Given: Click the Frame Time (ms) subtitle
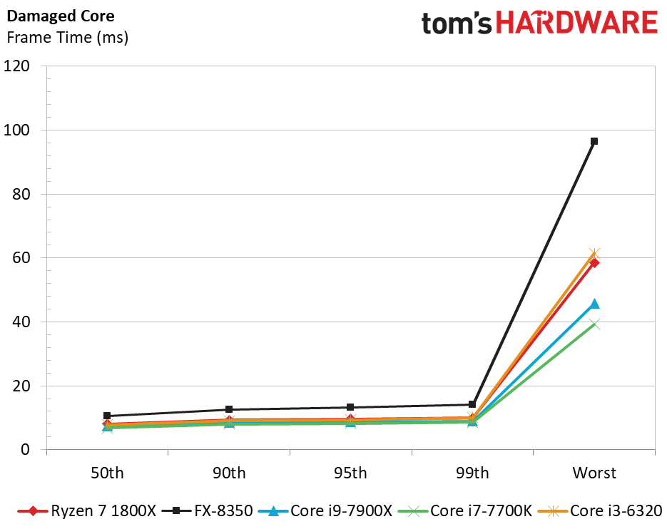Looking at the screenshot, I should [67, 38].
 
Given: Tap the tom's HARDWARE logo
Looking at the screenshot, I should [539, 23].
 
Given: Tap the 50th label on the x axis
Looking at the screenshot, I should [107, 473].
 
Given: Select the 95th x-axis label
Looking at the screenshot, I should [350, 473].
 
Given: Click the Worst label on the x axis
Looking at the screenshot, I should [594, 473].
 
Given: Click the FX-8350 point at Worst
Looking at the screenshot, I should [594, 141].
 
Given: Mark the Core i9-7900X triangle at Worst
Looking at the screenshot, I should [594, 304].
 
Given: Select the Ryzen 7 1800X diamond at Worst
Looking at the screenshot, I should [594, 262].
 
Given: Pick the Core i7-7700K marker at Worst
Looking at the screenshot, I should [594, 324].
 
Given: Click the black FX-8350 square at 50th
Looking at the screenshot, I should [107, 416].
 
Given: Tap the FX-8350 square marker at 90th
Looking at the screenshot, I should [229, 409].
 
